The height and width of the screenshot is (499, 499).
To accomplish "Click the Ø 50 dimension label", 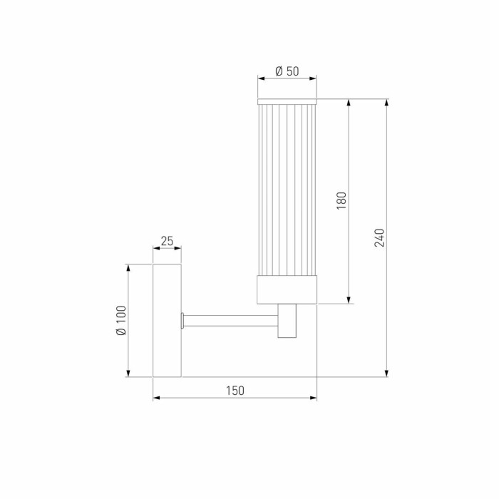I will pyautogui.click(x=287, y=71).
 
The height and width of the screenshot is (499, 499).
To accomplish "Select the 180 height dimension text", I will pyautogui.click(x=341, y=200).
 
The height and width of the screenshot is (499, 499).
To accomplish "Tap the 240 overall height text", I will pyautogui.click(x=379, y=237).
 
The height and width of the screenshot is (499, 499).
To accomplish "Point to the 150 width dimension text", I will pyautogui.click(x=235, y=390).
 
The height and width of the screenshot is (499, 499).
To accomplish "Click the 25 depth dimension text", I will pyautogui.click(x=167, y=241).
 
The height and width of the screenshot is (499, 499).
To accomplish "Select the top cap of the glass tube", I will pyautogui.click(x=287, y=99).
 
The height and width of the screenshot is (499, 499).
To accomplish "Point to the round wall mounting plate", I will pyautogui.click(x=168, y=320).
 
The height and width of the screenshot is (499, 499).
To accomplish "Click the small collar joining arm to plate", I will pyautogui.click(x=184, y=321).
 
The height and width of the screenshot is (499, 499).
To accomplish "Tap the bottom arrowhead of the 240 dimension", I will pyautogui.click(x=387, y=373).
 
